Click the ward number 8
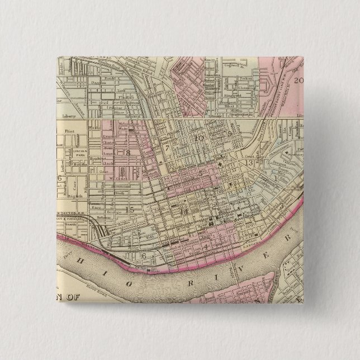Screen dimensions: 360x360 point(127,152)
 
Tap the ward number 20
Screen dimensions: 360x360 point(298,80)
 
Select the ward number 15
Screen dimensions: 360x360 point(130,210)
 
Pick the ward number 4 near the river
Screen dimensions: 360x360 point(206,247)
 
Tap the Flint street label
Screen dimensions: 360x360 point(70,132)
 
